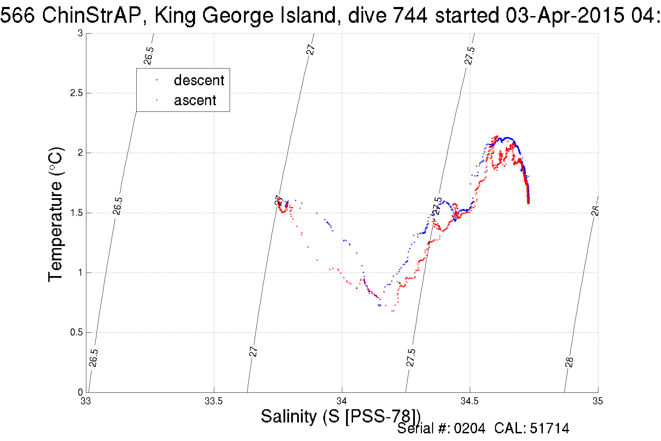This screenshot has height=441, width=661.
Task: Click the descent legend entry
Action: coord(199,80)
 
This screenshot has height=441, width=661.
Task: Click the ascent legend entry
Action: coord(195,101)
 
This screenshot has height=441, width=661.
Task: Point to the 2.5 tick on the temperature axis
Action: coord(76,93)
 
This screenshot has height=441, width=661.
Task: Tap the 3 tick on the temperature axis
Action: coord(80,34)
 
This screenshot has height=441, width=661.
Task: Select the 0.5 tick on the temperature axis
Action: coord(76,332)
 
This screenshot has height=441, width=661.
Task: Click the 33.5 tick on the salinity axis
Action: coord(214,401)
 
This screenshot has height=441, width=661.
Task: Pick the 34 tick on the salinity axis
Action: coord(342,401)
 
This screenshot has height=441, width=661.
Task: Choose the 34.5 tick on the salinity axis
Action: coord(469,401)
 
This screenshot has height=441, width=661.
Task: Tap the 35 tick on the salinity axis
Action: coord(598,401)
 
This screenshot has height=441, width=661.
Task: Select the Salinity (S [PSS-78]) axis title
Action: coord(341,417)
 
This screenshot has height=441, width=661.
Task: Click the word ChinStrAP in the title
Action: coord(91,16)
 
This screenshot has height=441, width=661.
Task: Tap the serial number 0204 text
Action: coord(469,428)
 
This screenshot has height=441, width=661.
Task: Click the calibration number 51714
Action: coord(549,428)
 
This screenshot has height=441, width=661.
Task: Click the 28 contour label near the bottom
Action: coord(569,362)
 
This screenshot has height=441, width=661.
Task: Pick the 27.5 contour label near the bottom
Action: coord(411,357)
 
